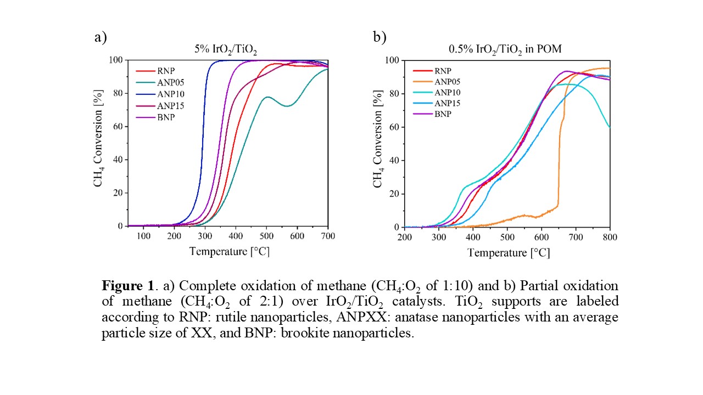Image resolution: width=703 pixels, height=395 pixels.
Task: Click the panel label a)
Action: click(x=100, y=37)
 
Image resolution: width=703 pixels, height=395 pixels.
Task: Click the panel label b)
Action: click(x=380, y=37)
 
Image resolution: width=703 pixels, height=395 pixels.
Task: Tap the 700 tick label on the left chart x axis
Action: click(x=328, y=236)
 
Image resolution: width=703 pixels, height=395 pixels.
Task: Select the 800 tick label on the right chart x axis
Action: click(x=610, y=237)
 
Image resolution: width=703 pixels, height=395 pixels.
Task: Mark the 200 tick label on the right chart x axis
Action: click(x=404, y=237)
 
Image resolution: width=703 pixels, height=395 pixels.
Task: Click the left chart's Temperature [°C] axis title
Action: click(x=229, y=252)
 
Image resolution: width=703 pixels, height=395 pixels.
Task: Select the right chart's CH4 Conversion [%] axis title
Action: click(x=378, y=143)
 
